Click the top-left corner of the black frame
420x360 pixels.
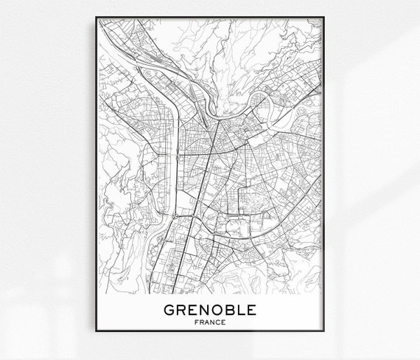pos(95,16)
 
